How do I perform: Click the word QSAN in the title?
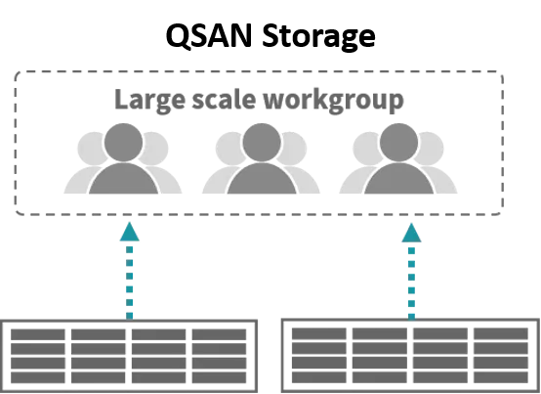[209, 36]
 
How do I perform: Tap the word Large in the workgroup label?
[149, 101]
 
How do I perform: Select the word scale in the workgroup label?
[224, 99]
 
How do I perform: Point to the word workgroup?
[333, 101]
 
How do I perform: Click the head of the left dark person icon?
[123, 143]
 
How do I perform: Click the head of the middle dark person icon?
[262, 143]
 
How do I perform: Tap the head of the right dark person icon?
[398, 143]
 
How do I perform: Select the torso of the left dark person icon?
[123, 178]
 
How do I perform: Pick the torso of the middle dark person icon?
[262, 178]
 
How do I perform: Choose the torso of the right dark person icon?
[398, 178]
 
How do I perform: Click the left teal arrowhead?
[129, 232]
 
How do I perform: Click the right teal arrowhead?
[411, 233]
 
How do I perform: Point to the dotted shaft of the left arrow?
[129, 283]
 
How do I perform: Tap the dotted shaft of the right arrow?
[411, 284]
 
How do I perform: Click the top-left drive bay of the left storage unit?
[38, 334]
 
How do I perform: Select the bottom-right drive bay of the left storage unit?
[219, 377]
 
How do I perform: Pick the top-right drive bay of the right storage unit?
[501, 334]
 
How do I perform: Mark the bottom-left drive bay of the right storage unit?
[319, 377]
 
